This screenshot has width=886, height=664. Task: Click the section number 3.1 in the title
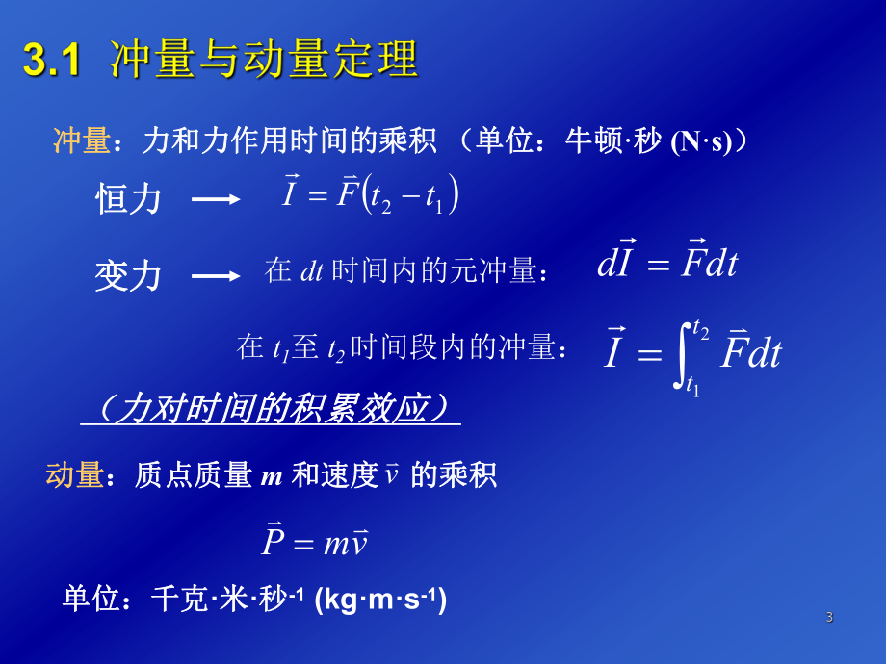coord(49,61)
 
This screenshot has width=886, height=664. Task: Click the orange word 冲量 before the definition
coord(81,141)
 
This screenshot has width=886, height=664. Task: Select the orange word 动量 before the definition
coord(74,474)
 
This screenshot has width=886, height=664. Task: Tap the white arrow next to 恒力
coord(216,199)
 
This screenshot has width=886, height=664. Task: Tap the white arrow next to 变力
coord(216,276)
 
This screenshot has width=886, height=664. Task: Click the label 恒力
coord(128,200)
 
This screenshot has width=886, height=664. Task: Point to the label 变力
coord(128,277)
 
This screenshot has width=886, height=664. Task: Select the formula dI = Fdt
coord(666,264)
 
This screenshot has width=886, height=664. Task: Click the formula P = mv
coord(314,542)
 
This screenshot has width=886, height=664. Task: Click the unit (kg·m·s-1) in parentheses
coord(380,600)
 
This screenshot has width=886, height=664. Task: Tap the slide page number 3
coord(829,617)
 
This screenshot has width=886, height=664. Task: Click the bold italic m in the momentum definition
coord(271,475)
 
